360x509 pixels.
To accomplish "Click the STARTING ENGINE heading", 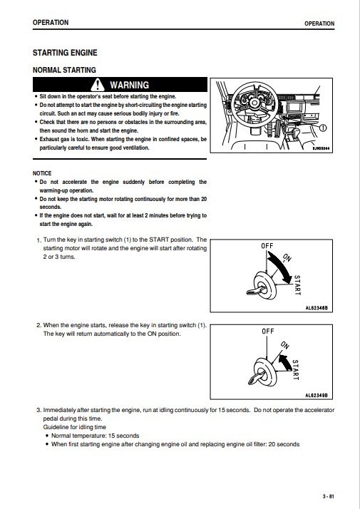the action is (x=65, y=53).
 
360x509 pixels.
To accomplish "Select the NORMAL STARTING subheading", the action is (x=64, y=70).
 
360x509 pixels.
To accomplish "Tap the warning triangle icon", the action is (x=98, y=85).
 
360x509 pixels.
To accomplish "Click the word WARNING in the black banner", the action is (x=130, y=85).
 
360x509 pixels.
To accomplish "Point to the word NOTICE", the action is (x=42, y=173).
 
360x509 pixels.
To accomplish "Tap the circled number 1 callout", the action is (x=323, y=128).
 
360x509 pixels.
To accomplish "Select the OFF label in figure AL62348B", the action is (x=267, y=246).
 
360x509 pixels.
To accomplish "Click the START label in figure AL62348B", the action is (x=297, y=285).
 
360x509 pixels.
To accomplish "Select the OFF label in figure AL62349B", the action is (x=268, y=331).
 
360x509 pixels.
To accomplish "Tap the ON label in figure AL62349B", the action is (x=284, y=345).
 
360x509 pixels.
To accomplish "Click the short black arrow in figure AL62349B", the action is (x=284, y=362).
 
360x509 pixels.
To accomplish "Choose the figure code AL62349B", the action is (x=317, y=396).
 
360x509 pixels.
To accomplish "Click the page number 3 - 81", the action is (x=328, y=496).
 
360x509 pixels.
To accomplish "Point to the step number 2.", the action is (x=39, y=325).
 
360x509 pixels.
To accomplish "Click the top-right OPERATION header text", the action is (x=319, y=24).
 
